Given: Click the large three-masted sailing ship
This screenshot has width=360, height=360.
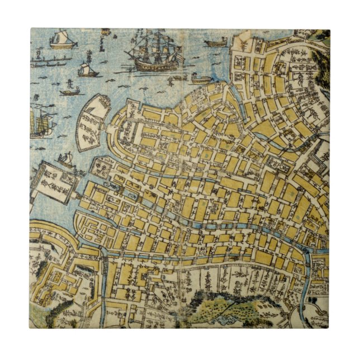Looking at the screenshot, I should (x=154, y=53).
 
